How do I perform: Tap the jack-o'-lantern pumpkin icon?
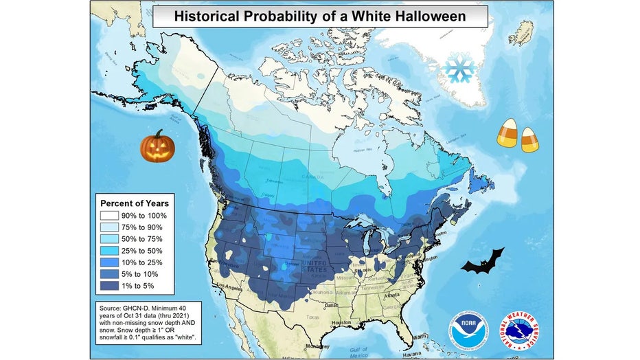pos(157,146)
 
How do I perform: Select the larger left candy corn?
pos(507,133)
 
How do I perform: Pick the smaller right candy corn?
pos(529,139)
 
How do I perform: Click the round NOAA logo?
pos(468,329)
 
